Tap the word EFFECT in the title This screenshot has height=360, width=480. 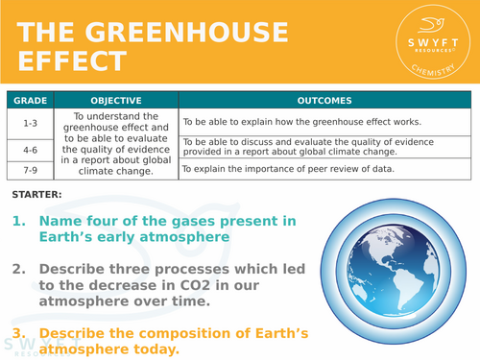click(73, 62)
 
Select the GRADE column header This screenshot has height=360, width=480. click(32, 100)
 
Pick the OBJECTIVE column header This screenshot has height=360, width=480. click(115, 100)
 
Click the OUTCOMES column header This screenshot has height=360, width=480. click(324, 100)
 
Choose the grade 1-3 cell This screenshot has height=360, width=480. click(32, 122)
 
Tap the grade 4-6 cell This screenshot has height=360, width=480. click(32, 150)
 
